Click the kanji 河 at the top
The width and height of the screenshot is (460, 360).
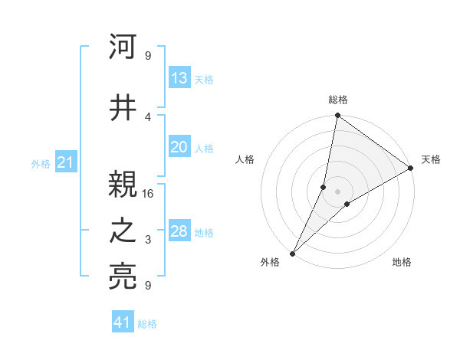click(x=123, y=47)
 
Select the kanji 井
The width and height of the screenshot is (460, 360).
click(x=123, y=109)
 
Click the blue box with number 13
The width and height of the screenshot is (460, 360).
click(x=179, y=78)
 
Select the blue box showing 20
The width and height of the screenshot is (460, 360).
click(x=179, y=148)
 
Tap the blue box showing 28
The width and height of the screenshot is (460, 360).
click(x=179, y=231)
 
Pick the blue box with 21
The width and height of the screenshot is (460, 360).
click(x=65, y=162)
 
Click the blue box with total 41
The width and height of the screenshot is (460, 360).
click(x=123, y=322)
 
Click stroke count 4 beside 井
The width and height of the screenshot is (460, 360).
click(x=148, y=116)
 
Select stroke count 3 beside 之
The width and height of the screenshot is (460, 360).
click(x=148, y=241)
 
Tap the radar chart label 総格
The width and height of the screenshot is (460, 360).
click(x=337, y=100)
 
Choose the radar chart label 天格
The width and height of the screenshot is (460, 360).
click(x=431, y=159)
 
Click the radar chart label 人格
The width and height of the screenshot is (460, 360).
click(x=245, y=159)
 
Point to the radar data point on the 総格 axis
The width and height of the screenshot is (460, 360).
click(x=337, y=116)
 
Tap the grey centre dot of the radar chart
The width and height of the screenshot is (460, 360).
click(x=337, y=191)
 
